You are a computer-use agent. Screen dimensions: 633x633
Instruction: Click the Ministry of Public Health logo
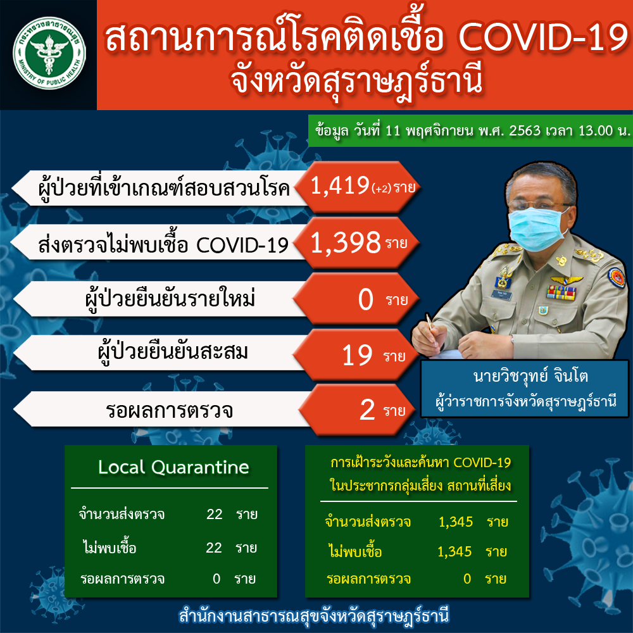[49, 53]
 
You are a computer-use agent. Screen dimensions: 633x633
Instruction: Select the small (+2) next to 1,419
[382, 189]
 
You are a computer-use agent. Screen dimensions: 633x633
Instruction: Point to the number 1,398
[346, 242]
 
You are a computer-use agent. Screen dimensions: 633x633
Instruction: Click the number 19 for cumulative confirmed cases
[357, 356]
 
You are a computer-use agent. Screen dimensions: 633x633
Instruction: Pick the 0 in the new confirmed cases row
[366, 299]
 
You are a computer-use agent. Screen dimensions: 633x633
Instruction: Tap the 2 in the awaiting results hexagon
[367, 410]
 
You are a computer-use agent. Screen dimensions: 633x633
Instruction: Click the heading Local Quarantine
[173, 467]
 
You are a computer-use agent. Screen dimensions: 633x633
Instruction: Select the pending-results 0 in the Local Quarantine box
[216, 579]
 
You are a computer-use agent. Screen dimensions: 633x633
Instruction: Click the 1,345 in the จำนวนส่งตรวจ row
[456, 522]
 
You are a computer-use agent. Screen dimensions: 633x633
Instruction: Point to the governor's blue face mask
[538, 228]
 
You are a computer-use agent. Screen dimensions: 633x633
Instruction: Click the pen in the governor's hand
[430, 328]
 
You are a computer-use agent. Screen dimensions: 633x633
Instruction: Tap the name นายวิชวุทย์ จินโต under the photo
[530, 376]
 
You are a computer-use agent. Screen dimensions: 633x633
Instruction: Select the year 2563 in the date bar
[524, 130]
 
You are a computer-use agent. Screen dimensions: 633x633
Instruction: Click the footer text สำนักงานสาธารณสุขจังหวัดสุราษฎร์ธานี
[314, 616]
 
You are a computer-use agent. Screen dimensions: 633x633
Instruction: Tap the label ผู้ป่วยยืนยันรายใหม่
[170, 299]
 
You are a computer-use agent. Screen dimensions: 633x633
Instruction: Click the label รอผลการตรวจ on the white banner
[169, 410]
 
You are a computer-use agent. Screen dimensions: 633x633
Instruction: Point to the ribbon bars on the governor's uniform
[561, 292]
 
